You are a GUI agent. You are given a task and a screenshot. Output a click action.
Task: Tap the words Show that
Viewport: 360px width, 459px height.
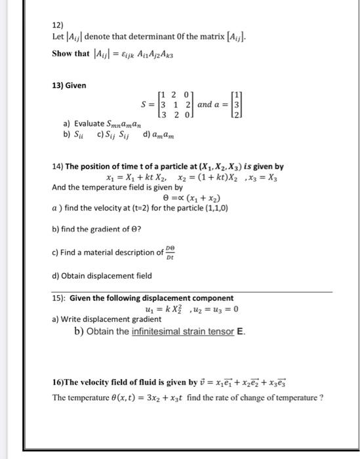point(71,53)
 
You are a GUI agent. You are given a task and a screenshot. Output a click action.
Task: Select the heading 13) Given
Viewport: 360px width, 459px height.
point(69,86)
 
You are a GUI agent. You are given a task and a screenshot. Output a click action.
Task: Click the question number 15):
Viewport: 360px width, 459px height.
point(59,298)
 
